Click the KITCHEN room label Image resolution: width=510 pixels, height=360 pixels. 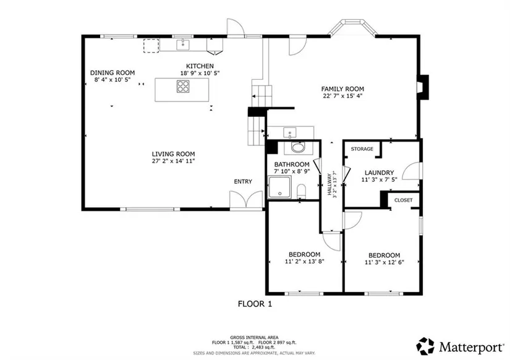pos(200,66)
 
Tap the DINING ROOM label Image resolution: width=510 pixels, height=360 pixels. pos(113,73)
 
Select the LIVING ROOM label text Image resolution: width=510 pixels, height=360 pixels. pos(173,154)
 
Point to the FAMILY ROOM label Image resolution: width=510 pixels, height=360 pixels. pos(342,89)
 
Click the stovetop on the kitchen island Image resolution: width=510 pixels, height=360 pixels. pos(183,87)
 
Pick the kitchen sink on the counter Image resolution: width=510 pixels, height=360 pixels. pos(183,45)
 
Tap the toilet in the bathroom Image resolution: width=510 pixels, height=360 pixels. pos(302,191)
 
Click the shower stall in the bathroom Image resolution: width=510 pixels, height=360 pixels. pos(279,187)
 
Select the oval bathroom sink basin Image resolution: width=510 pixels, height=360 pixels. pos(297,148)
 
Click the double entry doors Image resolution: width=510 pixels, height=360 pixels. pos(246,199)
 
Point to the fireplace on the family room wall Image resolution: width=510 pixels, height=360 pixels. pos(423,87)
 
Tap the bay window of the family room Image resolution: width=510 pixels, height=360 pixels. pos(352,26)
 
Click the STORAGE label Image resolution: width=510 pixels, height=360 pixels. pos(362,149)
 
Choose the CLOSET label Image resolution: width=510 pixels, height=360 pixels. pos(403,200)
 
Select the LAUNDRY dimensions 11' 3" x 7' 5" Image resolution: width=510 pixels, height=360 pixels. pos(379,179)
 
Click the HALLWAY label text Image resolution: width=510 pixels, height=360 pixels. pos(329,184)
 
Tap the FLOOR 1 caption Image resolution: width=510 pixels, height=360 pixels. pos(255,304)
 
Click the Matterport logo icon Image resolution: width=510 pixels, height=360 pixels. pos(425,346)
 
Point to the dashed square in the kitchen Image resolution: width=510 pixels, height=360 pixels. pos(151,46)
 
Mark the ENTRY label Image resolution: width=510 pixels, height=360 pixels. pos(243,182)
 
